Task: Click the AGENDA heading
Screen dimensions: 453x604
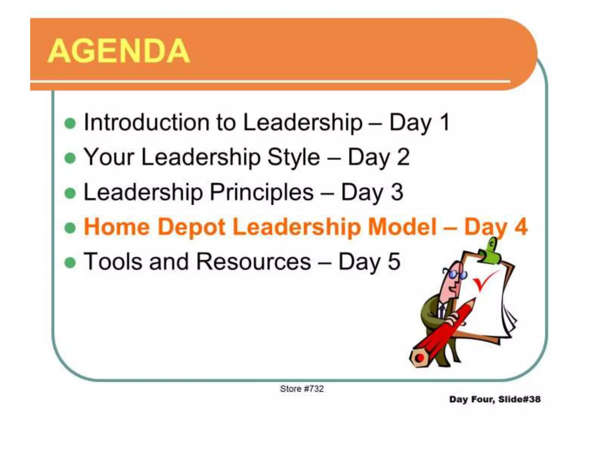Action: (119, 51)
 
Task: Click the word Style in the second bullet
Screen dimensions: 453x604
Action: (293, 157)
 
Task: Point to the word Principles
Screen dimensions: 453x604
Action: (262, 192)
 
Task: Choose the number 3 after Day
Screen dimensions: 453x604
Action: (397, 192)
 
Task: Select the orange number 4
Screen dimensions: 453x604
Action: (521, 227)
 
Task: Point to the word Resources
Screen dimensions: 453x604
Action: (253, 262)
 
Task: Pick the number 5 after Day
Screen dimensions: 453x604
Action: (394, 262)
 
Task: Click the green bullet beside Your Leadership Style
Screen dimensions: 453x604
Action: (70, 158)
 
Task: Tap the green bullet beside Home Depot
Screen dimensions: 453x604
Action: (70, 228)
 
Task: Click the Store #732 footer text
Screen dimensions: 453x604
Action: (302, 389)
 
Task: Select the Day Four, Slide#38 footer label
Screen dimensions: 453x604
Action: (495, 399)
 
